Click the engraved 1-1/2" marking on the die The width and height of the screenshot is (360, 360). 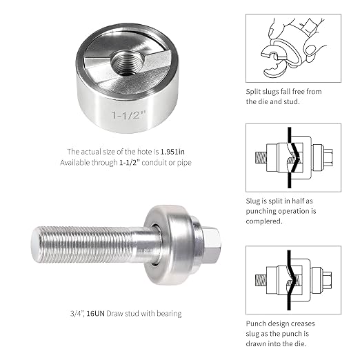click(x=129, y=115)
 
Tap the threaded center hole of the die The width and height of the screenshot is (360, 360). click(x=126, y=62)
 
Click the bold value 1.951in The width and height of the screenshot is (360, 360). click(x=172, y=152)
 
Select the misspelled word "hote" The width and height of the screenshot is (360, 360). click(x=144, y=152)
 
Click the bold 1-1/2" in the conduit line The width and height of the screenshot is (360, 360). click(x=130, y=163)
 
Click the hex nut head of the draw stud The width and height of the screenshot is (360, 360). click(x=212, y=246)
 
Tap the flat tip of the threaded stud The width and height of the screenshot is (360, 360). click(x=35, y=244)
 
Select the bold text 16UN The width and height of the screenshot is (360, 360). click(x=96, y=314)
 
